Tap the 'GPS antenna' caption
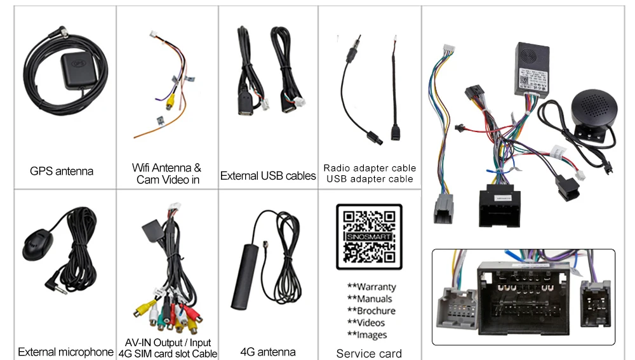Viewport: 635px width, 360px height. point(62,171)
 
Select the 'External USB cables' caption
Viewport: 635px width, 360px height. point(268,176)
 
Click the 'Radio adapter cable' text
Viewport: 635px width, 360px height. point(370,168)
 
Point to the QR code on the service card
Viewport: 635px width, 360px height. point(369,237)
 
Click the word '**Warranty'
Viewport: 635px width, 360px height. point(371,287)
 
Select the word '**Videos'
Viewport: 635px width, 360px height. point(366,323)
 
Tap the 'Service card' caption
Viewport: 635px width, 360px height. point(369,353)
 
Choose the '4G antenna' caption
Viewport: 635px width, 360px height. point(268,352)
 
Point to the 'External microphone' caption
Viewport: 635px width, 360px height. point(65,352)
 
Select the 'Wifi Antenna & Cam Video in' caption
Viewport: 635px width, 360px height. point(167,173)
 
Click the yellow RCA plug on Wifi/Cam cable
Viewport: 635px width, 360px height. point(170,101)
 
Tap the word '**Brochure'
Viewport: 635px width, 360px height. point(371,310)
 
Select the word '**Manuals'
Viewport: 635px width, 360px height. point(370,298)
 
